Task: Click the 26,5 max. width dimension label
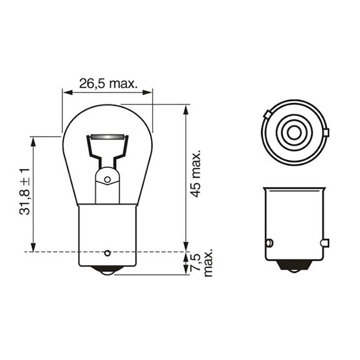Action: point(107,82)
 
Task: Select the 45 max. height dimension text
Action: point(195,174)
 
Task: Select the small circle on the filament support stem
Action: point(107,179)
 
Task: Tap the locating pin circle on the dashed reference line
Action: point(107,253)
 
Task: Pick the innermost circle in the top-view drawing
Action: point(294,133)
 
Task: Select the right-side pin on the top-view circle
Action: point(326,133)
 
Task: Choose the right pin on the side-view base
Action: point(324,243)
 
